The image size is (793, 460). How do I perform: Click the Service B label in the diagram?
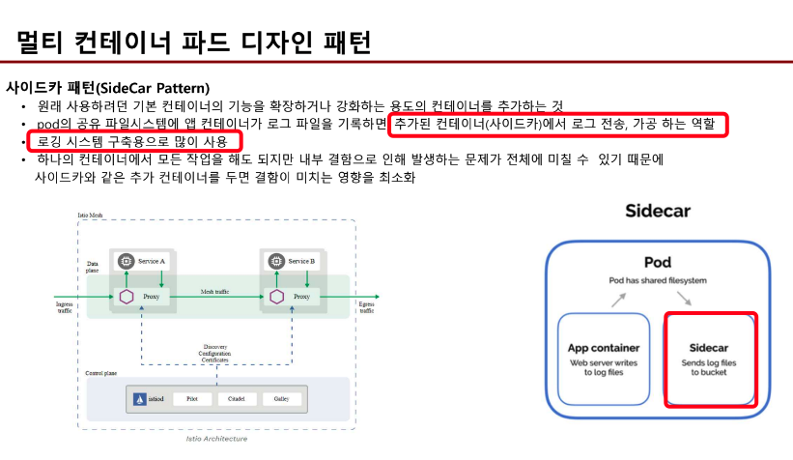301,261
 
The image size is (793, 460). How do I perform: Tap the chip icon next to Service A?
126,261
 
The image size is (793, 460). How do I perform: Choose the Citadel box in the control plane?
236,398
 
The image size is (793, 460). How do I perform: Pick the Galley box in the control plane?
281,398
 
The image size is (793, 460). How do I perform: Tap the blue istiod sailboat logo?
140,398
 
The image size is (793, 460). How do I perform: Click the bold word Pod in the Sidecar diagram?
657,262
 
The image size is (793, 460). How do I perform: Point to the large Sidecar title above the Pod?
657,211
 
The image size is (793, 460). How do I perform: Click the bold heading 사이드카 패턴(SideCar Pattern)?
107,88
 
